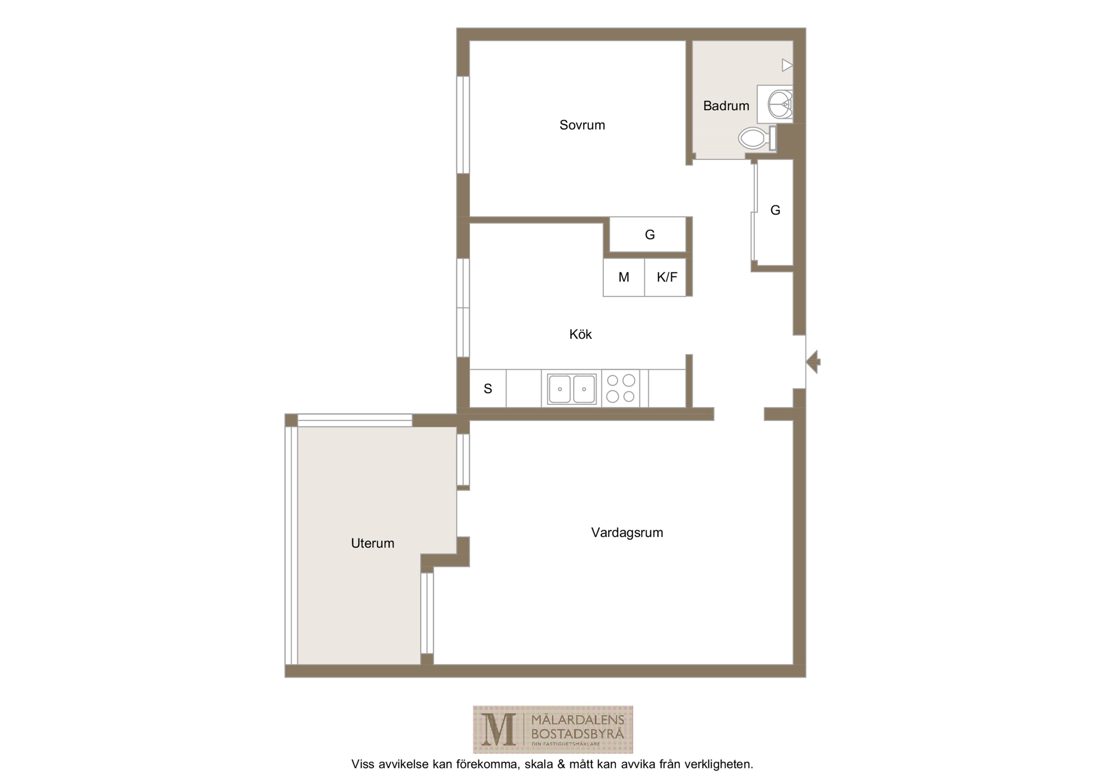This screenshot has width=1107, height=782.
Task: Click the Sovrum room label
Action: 582,125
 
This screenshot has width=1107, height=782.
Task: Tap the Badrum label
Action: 726,106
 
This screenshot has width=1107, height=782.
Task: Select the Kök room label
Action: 580,334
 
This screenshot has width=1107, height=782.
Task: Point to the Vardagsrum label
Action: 627,532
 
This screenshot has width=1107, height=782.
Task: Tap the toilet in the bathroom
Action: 757,138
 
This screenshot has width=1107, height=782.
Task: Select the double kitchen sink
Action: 572,388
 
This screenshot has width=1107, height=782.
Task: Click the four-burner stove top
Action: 621,388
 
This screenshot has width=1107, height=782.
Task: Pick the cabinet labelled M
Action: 624,277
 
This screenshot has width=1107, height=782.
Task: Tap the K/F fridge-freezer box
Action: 665,277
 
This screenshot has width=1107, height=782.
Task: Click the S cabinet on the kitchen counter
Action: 488,388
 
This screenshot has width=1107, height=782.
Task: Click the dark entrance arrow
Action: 813,362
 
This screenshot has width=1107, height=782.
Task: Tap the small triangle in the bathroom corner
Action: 787,65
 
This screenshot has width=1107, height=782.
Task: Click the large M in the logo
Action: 499,730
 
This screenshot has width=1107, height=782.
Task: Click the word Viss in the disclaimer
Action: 362,764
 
